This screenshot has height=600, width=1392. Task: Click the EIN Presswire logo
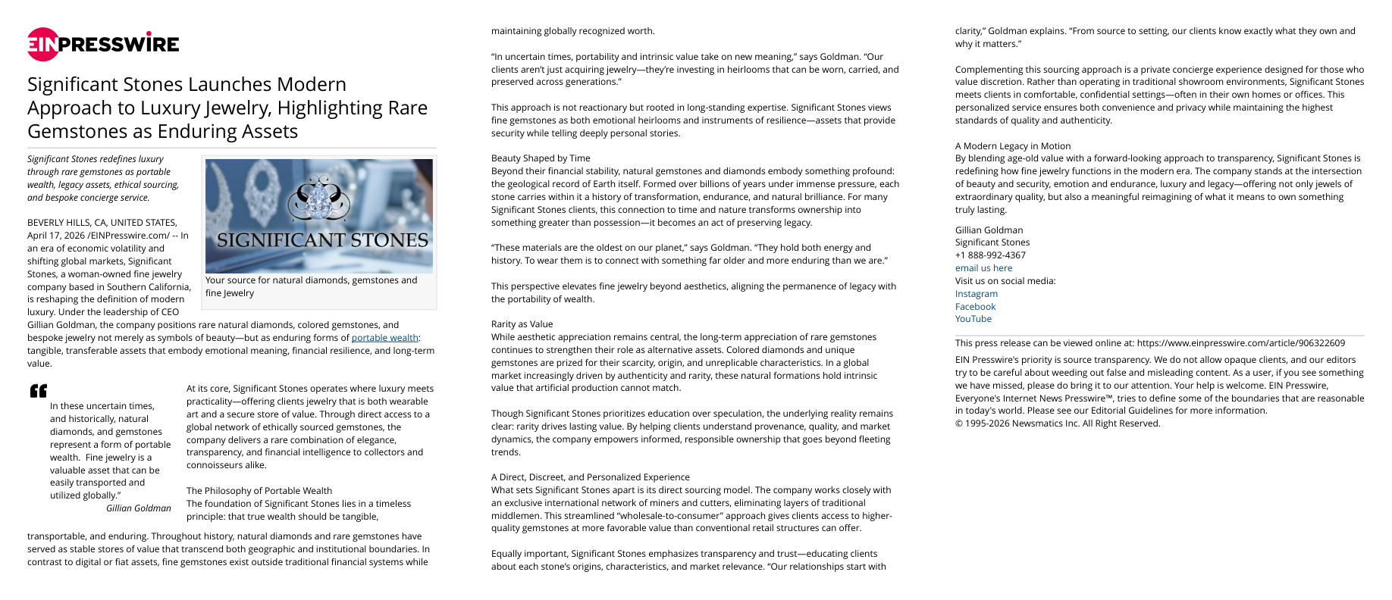coord(103,44)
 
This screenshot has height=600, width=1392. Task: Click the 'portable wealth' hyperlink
coord(385,338)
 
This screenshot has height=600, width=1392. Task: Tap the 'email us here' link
coord(983,268)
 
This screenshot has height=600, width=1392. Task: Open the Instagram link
coord(976,294)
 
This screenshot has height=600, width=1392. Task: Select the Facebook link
coord(975,307)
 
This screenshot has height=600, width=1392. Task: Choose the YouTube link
coord(973,319)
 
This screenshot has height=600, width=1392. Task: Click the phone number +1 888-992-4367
coord(990,255)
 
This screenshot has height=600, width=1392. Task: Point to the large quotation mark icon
coord(38,391)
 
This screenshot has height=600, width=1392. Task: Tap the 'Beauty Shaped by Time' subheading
coord(541,158)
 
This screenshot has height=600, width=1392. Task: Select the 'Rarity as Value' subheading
coord(522,324)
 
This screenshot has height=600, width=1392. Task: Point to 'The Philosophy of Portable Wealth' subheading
coord(259,491)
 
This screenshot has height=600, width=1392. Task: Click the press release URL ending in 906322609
coord(1240,343)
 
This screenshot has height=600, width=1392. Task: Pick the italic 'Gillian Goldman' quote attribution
coord(138,508)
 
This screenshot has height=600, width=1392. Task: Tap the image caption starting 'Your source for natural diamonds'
coord(311,286)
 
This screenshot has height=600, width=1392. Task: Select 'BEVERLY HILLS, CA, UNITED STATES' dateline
coord(102,223)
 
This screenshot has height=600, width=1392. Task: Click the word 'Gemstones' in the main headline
coord(73,131)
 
